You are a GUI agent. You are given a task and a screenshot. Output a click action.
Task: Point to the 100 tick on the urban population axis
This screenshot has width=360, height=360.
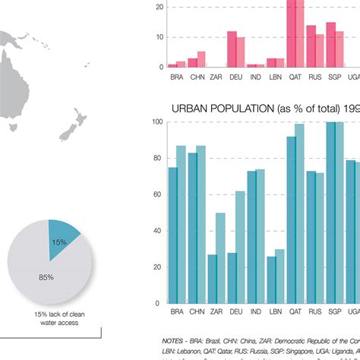click(156, 122)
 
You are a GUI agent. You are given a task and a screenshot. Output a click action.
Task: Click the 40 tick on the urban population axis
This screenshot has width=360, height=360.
click(156, 231)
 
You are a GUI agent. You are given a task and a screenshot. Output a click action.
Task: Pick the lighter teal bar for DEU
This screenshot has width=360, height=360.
click(240, 247)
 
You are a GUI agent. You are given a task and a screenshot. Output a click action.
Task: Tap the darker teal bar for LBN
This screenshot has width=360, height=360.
click(272, 279)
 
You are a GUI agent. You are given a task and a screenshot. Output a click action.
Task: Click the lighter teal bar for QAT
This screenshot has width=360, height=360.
click(299, 213)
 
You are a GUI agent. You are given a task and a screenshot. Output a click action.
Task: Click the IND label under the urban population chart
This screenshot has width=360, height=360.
click(256, 311)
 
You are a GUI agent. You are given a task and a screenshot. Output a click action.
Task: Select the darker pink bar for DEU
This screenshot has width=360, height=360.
click(232, 49)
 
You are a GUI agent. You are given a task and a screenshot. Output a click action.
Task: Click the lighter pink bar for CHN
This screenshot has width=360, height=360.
click(201, 60)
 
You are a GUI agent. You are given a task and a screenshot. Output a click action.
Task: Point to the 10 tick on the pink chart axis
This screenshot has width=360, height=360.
click(159, 37)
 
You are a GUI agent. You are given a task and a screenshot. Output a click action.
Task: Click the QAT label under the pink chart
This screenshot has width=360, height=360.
click(295, 76)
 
